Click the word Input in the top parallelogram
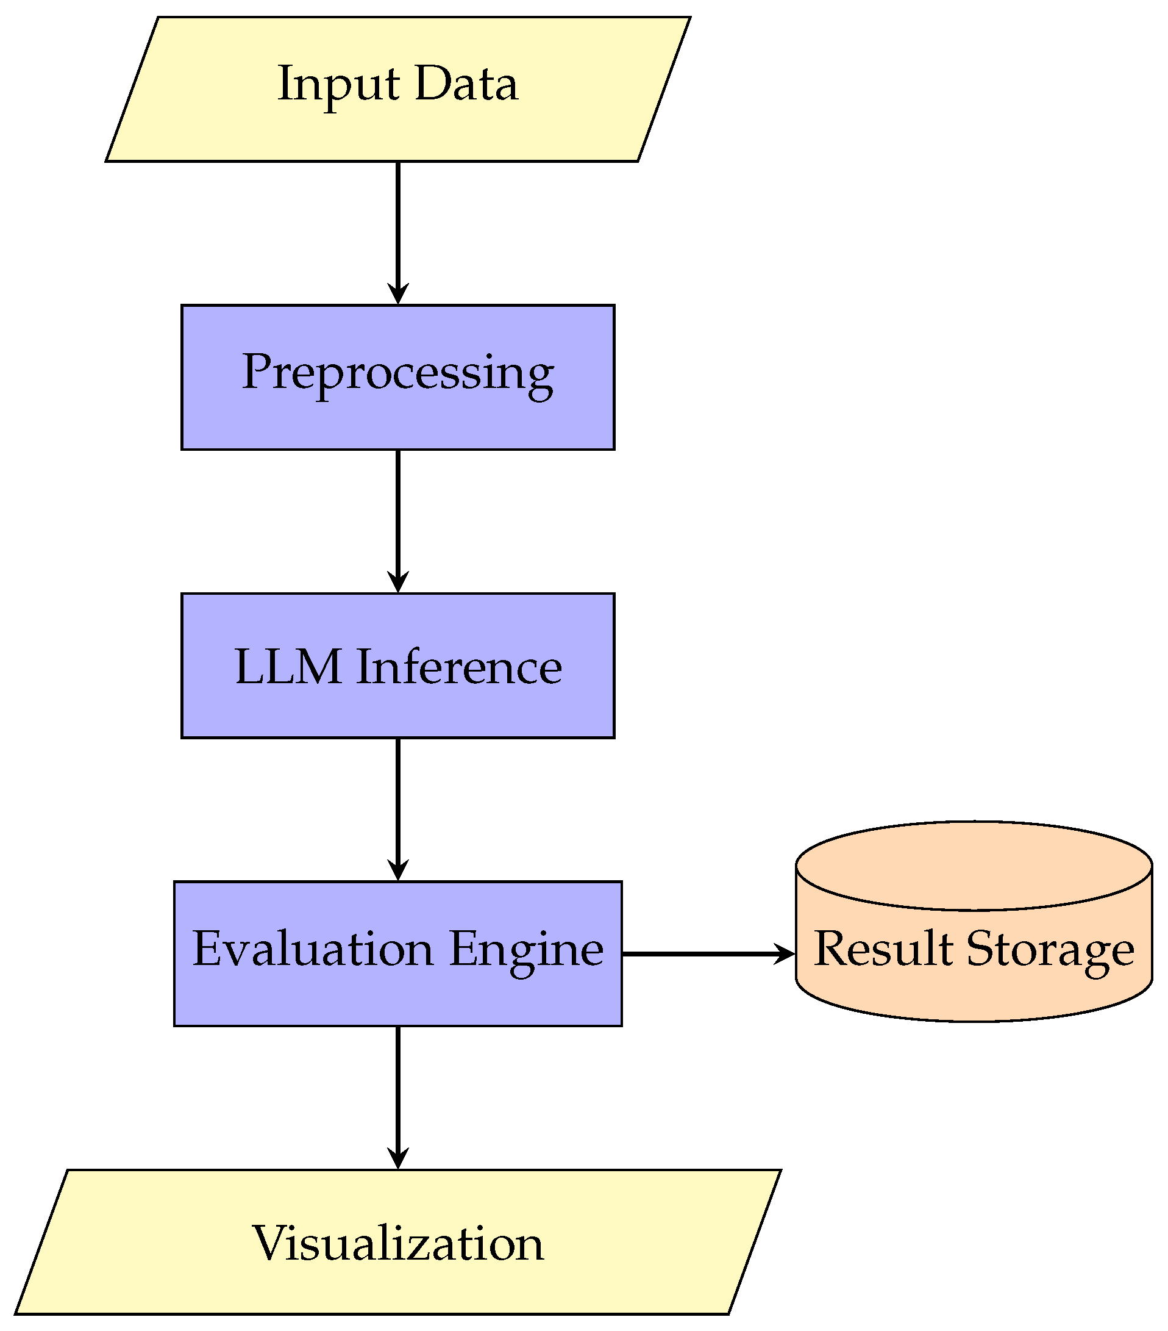(x=338, y=84)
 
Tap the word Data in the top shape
(x=466, y=84)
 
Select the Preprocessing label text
(x=397, y=373)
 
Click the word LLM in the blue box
(x=288, y=667)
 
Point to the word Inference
(x=459, y=667)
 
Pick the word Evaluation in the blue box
(x=313, y=949)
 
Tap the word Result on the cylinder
(x=883, y=949)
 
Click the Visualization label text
(x=397, y=1244)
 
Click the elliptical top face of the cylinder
(x=974, y=866)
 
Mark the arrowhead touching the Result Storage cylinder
(x=783, y=954)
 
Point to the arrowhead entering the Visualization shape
(x=397, y=1158)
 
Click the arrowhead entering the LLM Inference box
(x=397, y=582)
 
